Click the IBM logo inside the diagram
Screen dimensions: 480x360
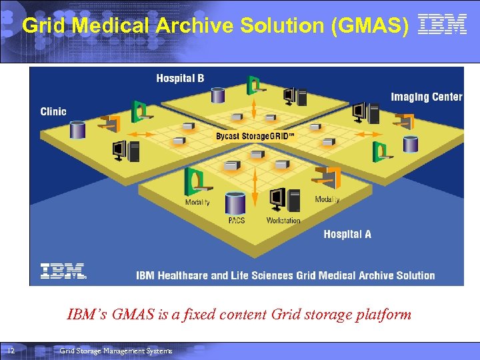[63, 271]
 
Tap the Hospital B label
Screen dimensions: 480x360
[180, 79]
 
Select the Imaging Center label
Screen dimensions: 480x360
[426, 97]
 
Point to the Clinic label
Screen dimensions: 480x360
[53, 111]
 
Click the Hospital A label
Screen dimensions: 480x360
[347, 234]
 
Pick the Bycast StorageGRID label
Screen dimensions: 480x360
[255, 137]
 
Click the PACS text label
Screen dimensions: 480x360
[236, 220]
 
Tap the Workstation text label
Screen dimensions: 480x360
[283, 220]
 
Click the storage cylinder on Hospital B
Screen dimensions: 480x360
[218, 95]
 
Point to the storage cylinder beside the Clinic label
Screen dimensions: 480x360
[78, 129]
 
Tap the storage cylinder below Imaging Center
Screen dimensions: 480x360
[410, 143]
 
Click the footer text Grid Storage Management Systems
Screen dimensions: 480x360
[115, 351]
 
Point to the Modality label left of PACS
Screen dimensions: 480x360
[197, 202]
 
